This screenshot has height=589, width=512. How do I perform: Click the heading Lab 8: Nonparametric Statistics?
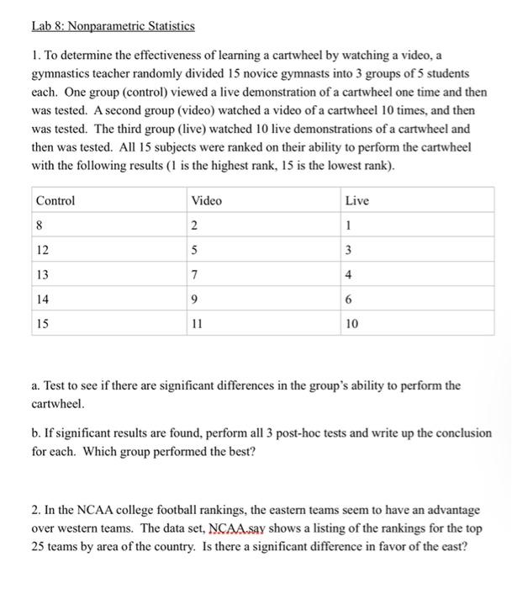[113, 26]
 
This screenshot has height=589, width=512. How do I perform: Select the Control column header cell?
[55, 200]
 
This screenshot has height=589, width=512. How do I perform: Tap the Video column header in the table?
[207, 200]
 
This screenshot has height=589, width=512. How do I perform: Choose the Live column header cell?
[356, 200]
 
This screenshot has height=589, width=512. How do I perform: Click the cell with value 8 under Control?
[40, 225]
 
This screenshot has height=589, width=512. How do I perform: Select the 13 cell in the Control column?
[43, 274]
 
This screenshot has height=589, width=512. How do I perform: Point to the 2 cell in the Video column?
[195, 225]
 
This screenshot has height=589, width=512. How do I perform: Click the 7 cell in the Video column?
[195, 274]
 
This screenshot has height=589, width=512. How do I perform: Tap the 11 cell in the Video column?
[198, 323]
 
